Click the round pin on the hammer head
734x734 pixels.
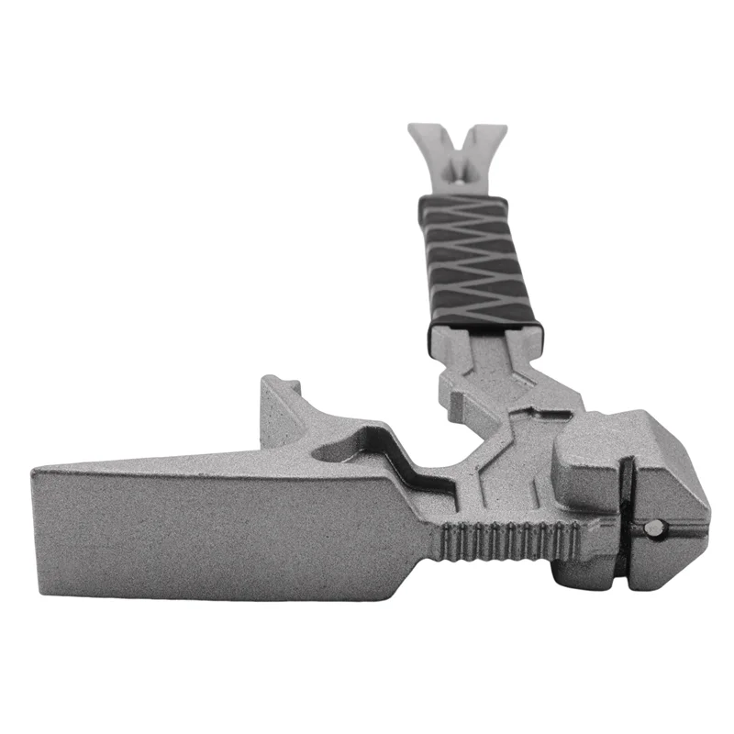[x=655, y=526]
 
